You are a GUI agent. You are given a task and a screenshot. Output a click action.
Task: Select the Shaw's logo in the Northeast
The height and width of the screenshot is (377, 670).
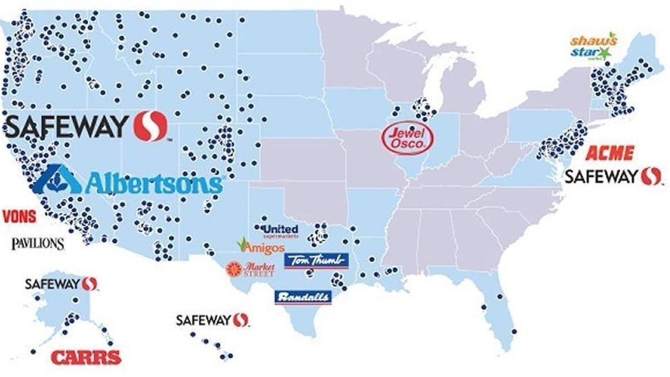[x=594, y=41]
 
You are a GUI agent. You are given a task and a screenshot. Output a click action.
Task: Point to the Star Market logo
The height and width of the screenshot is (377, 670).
[x=591, y=54]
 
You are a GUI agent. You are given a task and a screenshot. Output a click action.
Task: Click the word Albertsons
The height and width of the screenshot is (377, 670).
[x=154, y=184]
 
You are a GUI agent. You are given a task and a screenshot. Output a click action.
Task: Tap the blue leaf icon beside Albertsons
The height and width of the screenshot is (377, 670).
[x=56, y=179]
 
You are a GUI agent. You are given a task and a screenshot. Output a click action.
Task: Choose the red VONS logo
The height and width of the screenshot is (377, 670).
[x=18, y=216]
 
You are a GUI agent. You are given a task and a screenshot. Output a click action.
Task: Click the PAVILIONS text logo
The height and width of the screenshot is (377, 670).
[x=38, y=242]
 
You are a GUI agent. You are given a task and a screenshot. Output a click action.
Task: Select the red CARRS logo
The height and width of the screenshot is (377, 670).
[x=86, y=356]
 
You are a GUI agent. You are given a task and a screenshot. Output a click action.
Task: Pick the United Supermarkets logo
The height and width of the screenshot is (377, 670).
[x=277, y=230]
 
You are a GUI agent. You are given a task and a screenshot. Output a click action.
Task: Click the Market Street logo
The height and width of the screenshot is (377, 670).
[x=251, y=269]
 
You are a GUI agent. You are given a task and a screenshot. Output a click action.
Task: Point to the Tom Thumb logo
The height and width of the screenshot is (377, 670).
[x=316, y=261]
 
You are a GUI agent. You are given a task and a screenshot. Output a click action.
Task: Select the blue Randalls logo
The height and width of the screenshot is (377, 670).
[x=303, y=297]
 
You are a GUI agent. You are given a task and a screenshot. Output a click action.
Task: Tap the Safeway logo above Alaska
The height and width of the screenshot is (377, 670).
[x=61, y=284]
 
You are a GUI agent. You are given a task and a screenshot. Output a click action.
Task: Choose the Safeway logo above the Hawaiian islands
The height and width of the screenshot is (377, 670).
[x=212, y=320]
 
